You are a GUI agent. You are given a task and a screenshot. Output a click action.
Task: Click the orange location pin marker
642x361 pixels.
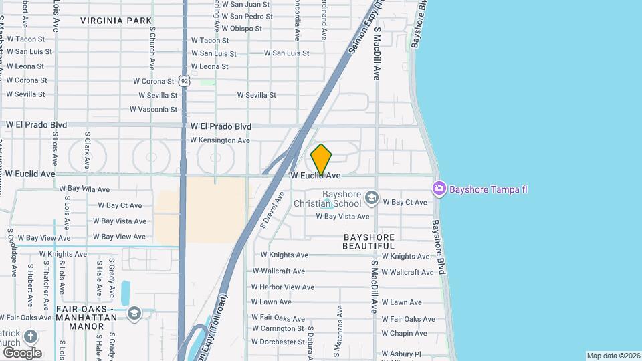[x=321, y=160]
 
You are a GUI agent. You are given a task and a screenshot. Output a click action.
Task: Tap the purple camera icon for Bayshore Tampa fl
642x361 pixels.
[x=439, y=189]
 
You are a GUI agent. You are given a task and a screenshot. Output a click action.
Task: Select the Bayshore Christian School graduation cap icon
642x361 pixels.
[x=372, y=198]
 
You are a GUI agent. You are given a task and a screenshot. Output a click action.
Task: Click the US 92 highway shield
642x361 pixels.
[x=184, y=81]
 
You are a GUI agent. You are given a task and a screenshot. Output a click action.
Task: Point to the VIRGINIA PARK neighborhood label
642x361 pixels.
[x=116, y=21]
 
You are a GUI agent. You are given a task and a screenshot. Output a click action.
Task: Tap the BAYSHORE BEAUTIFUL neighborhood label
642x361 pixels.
[x=369, y=241]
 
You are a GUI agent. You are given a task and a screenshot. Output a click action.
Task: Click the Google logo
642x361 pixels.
[x=21, y=352]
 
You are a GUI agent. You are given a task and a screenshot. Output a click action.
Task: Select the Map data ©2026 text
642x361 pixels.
[x=613, y=356]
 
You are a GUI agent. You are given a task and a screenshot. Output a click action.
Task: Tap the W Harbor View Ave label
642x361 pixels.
[x=282, y=287]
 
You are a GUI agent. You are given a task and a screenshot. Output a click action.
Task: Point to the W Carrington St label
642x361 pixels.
[x=278, y=328]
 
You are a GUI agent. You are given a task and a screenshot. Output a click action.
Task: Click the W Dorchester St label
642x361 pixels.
[x=278, y=342]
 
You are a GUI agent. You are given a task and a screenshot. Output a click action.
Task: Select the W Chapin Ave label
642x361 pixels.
[x=404, y=334]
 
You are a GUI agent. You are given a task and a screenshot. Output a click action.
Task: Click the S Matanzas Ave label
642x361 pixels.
[x=340, y=321]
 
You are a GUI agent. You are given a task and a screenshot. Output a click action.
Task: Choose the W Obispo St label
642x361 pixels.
[x=241, y=28]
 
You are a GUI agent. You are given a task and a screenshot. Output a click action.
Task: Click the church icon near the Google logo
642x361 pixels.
[x=31, y=336]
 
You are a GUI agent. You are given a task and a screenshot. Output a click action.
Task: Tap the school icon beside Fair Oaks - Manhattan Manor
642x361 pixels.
[x=134, y=314]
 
